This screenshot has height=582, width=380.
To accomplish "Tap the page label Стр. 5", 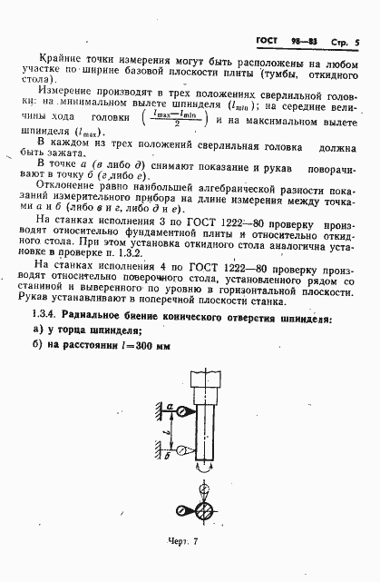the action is coord(344,43).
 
